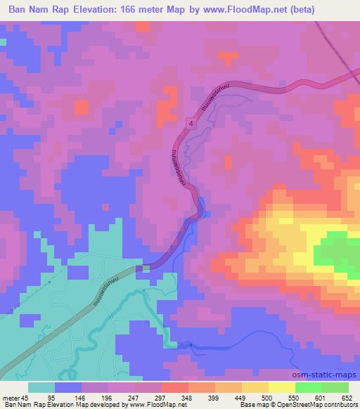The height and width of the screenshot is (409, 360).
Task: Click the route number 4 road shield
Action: tap(191, 123)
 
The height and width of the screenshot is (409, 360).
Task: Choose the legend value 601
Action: tap(313, 397)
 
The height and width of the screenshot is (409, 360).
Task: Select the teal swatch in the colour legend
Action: tap(41, 387)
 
